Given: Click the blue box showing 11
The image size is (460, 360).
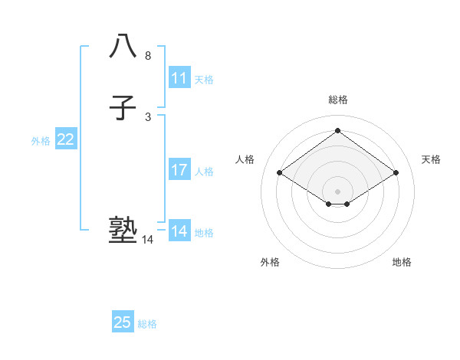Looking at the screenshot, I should (179, 78).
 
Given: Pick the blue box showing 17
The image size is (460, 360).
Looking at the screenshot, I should (179, 170).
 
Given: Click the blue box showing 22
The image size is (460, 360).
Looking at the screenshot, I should (66, 139).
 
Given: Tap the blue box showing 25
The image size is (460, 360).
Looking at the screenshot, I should (123, 322).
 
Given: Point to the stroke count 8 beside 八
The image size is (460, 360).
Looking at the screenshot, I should (148, 56).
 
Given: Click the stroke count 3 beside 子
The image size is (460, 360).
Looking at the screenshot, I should (148, 117).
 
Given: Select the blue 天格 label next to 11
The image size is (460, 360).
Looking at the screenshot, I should (204, 80).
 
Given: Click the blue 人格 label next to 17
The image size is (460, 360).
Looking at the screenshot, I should (204, 172).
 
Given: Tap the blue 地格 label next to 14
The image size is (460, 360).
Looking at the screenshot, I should (204, 233).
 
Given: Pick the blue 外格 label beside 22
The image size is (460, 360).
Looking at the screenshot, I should (41, 141).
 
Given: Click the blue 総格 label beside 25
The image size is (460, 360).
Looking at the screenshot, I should (147, 325).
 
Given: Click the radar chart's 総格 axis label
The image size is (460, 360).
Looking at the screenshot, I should (338, 100).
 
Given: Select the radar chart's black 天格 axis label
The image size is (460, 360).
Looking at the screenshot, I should (431, 159).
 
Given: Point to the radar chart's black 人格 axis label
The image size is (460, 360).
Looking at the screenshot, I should (245, 159).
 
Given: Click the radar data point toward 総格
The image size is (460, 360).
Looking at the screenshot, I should (338, 130).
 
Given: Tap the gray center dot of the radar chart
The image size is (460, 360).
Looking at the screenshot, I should (338, 191).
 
